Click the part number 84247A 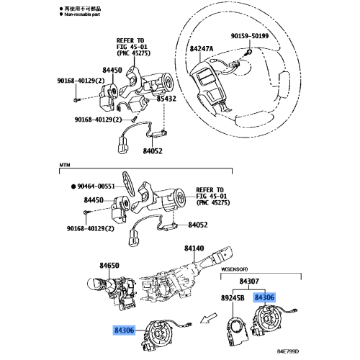coord(202,49)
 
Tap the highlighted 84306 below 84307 coord(264,297)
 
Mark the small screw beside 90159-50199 coord(247,52)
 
